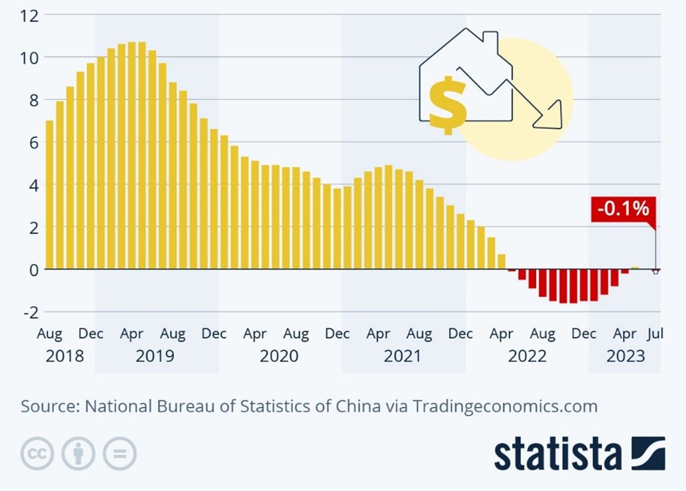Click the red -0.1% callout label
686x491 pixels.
click(x=622, y=209)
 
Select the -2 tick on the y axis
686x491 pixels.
click(x=29, y=311)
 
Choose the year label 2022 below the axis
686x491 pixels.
click(x=527, y=356)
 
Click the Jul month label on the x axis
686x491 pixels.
click(x=655, y=333)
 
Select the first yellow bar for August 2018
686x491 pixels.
click(x=50, y=195)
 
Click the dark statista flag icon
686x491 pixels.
click(x=649, y=453)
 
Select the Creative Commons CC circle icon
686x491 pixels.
click(x=37, y=454)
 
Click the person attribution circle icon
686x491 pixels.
click(x=78, y=454)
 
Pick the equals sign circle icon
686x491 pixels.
click(x=119, y=454)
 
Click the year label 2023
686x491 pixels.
click(x=625, y=356)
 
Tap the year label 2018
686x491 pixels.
click(x=64, y=356)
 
